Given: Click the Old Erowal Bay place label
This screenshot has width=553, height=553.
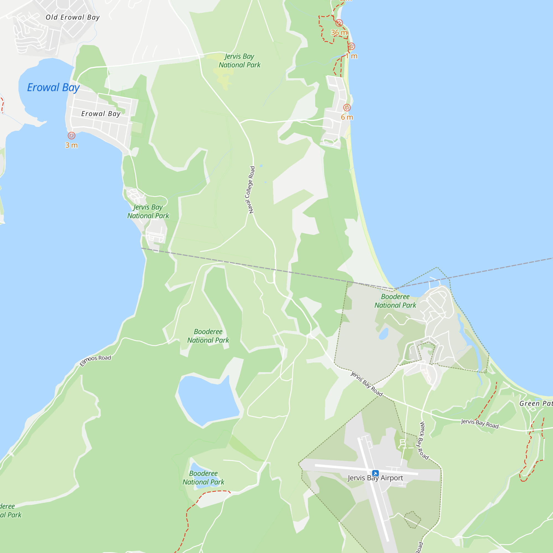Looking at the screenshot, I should (x=73, y=17).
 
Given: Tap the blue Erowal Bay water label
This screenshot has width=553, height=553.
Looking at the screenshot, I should (x=53, y=88).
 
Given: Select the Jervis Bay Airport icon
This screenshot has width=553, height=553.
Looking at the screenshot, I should (x=375, y=473).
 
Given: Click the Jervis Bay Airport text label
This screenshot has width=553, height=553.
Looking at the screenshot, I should (x=375, y=478).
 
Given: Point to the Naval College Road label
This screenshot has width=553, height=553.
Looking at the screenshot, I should (x=250, y=190).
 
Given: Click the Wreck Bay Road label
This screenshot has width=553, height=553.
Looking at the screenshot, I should (x=424, y=441).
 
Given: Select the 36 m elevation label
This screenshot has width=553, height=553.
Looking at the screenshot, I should (x=339, y=33).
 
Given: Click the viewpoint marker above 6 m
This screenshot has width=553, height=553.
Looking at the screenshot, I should (x=347, y=108).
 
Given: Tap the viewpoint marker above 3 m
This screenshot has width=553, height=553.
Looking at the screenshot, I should (x=72, y=136).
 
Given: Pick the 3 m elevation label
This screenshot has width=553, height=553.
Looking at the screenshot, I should (x=72, y=145).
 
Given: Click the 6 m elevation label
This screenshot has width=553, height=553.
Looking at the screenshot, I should (x=347, y=117).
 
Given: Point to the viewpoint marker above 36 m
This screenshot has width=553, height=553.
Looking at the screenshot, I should (x=339, y=23).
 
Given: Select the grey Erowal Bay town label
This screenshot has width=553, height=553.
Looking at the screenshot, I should (x=101, y=114).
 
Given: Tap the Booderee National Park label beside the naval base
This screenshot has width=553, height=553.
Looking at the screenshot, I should (x=395, y=301).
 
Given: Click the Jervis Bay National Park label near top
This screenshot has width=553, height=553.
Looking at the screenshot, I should (x=239, y=61).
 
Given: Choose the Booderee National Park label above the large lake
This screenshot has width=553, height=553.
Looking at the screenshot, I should (x=208, y=336).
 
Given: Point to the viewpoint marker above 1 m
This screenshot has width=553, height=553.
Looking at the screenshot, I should (x=351, y=46).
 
